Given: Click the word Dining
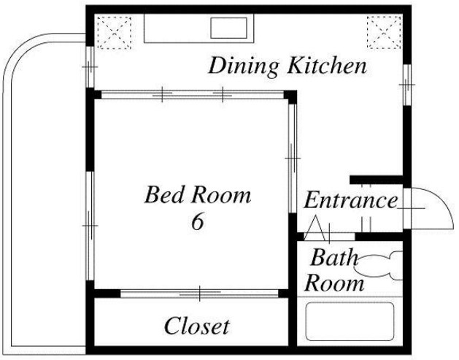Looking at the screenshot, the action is [243, 67].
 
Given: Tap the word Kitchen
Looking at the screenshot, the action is [327, 66].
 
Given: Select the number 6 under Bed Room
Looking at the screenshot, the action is [197, 221].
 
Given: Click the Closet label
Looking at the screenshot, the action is [197, 326].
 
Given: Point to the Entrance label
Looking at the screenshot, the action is [351, 200].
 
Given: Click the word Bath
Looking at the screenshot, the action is [334, 257].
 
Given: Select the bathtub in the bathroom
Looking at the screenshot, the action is [350, 321].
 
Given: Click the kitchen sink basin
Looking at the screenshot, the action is [228, 28].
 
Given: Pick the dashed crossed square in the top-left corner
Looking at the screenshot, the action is [114, 33].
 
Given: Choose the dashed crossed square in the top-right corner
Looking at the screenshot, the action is [384, 33].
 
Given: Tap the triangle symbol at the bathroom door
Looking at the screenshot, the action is [315, 229].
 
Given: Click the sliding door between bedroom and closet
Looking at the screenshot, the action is [199, 294].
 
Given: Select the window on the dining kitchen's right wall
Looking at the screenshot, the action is [407, 85].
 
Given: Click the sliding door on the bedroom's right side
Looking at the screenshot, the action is [293, 158].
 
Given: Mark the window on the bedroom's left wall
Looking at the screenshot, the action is [90, 226].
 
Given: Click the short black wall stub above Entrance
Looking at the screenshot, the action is [377, 180].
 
